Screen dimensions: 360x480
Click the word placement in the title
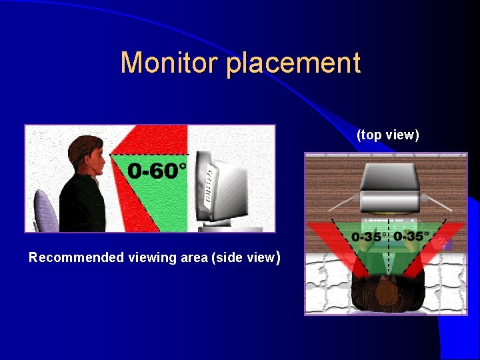tap(293, 64)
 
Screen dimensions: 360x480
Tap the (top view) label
tap(387, 135)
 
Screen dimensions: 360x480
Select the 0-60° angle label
tap(157, 171)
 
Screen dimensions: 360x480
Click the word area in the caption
tap(193, 257)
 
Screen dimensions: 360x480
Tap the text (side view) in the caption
tap(244, 257)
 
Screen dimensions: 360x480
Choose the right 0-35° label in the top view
tap(411, 236)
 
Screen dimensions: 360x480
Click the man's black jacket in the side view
tap(82, 207)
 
